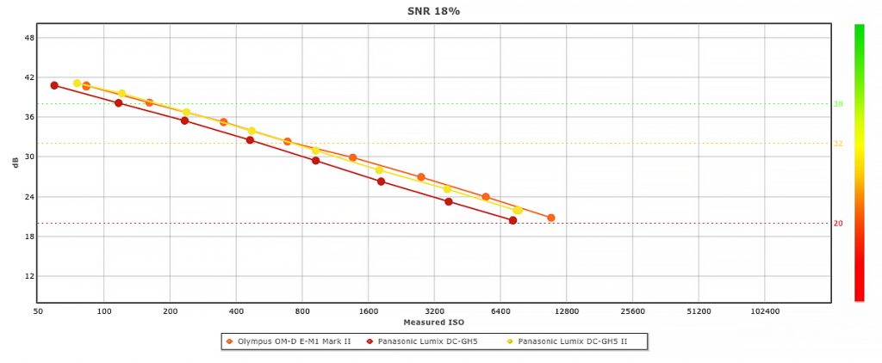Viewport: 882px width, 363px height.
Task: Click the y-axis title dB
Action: tap(15, 163)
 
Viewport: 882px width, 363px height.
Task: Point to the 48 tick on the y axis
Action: tap(29, 38)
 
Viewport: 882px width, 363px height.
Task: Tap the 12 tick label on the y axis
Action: tap(29, 276)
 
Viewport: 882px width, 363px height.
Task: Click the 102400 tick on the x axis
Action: tap(765, 311)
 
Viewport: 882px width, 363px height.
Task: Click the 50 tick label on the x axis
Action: tap(38, 311)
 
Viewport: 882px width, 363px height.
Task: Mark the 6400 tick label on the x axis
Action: tap(500, 311)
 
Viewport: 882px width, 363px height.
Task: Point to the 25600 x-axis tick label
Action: tap(632, 311)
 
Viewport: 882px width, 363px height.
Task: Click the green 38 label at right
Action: tap(838, 104)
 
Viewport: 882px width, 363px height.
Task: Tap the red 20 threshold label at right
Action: tap(838, 224)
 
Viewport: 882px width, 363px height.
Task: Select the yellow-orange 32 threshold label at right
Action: tap(838, 144)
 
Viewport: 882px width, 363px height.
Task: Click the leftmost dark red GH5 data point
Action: tap(54, 85)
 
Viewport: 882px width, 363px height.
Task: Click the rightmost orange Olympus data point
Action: tap(551, 218)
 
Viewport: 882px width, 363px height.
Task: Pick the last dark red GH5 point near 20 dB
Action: tap(513, 220)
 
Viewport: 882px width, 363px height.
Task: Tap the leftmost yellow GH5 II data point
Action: tap(77, 83)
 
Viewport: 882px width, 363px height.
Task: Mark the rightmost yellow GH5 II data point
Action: tap(518, 210)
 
